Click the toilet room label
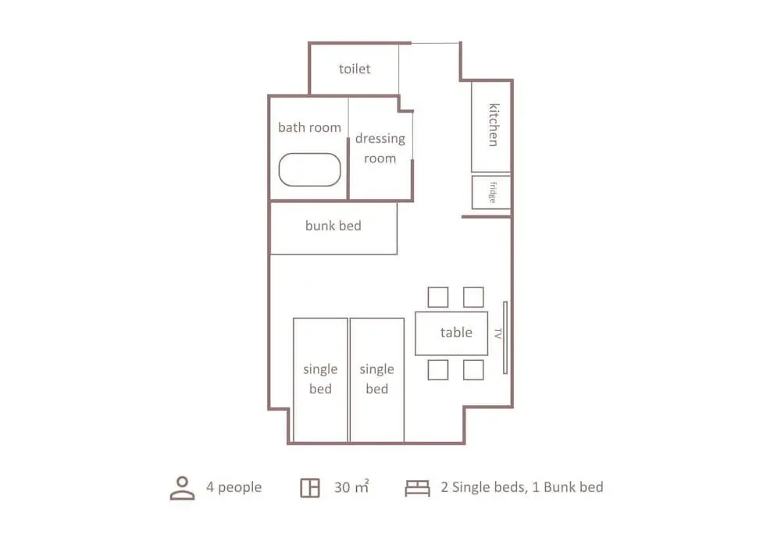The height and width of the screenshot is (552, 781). point(355,69)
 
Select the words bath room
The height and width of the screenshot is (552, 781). point(309,127)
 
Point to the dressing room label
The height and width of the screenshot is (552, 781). point(380,148)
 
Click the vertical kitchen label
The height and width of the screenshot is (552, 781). point(493,125)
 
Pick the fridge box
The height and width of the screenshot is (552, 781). point(491,192)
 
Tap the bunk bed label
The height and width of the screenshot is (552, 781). point(333,226)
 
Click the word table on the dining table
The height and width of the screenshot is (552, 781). point(456,332)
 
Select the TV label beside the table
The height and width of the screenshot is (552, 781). point(497,333)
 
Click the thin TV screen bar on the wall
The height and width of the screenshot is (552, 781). point(505,337)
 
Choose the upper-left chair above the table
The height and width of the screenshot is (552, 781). point(438,297)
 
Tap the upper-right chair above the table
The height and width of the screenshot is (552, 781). point(473,297)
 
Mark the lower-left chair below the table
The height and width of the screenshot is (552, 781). point(438,370)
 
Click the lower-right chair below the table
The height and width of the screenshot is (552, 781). point(473,370)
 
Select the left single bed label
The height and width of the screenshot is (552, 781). point(320,379)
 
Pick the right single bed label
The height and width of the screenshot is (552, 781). point(377,379)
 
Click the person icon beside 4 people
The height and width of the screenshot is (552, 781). point(182,488)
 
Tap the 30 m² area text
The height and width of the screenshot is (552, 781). point(351,486)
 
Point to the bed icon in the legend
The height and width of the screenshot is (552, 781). point(417,488)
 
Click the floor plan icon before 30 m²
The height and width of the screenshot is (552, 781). point(310,488)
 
